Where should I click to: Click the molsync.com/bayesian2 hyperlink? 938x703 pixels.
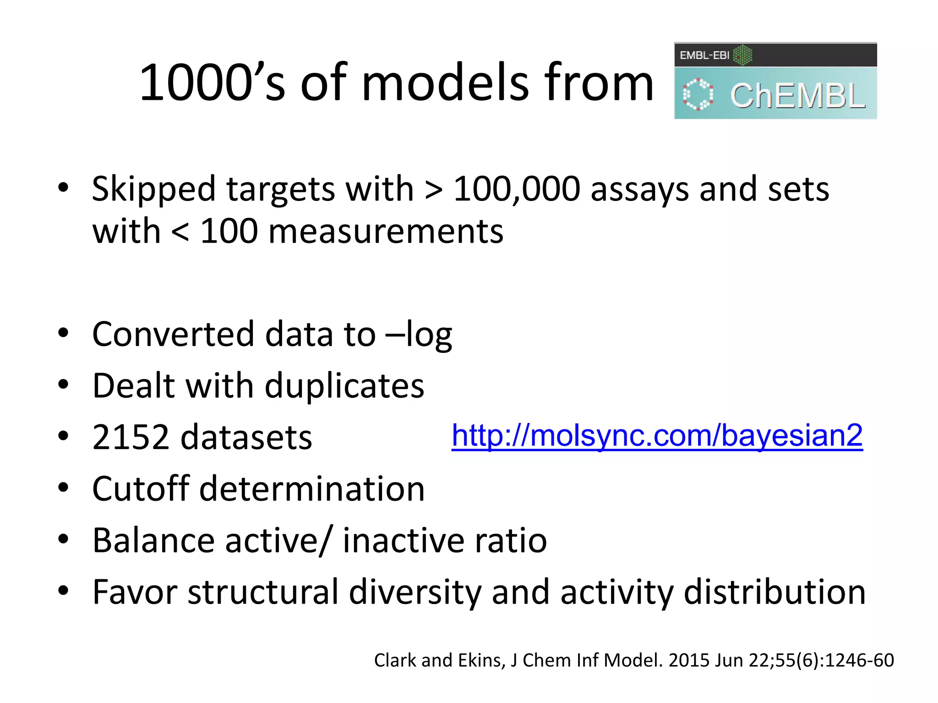click(657, 435)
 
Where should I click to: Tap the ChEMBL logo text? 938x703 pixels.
click(797, 97)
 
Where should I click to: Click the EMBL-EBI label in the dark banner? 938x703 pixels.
click(704, 55)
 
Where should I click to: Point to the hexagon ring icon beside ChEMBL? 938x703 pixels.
click(698, 95)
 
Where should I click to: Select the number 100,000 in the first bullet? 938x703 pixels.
click(517, 189)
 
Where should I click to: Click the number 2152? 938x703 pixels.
click(131, 437)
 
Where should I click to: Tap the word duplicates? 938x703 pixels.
click(344, 386)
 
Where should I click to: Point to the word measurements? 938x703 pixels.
click(386, 232)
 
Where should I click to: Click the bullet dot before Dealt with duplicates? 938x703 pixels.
click(63, 384)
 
